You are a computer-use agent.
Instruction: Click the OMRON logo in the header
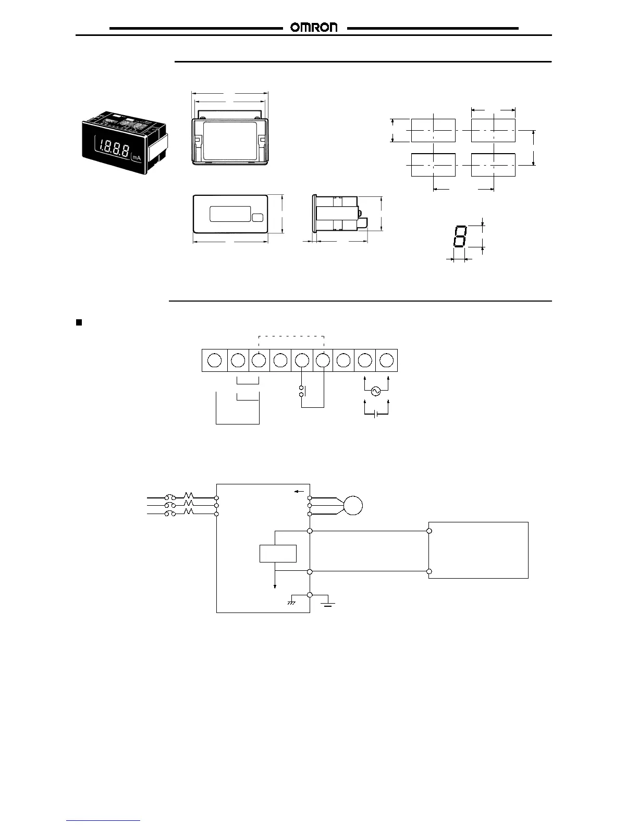coord(314,28)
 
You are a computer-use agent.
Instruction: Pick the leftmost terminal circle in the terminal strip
coord(214,360)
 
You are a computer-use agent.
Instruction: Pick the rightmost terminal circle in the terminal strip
coord(386,360)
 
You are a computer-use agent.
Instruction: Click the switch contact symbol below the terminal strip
coord(301,392)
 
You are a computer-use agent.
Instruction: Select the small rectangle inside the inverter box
coord(278,553)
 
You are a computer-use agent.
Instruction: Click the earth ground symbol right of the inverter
coord(328,604)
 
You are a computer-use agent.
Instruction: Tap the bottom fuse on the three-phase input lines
coord(170,514)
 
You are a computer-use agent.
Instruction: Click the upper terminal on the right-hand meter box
coord(429,531)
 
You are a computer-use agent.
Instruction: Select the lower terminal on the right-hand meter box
coord(429,571)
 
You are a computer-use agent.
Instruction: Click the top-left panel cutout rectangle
coord(433,130)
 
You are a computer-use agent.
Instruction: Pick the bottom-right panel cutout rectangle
coord(493,165)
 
